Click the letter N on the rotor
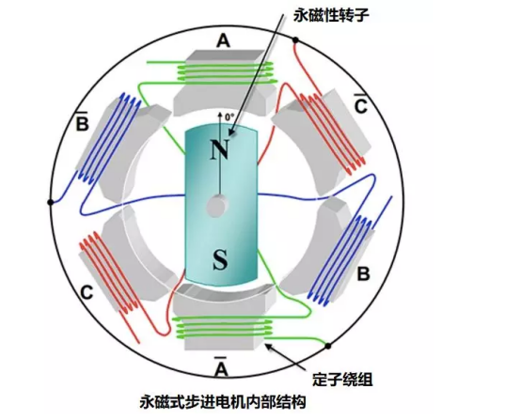tap(220, 149)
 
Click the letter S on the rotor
tap(220, 259)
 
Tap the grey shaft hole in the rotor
tap(217, 206)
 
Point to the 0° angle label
tap(229, 117)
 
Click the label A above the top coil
tap(224, 41)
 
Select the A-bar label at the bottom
tap(221, 366)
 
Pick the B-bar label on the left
tap(83, 121)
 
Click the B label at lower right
tap(363, 274)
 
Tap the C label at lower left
tap(87, 293)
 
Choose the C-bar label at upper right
tap(361, 104)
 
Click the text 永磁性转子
tap(331, 16)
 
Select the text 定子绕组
tap(342, 380)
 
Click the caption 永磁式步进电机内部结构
tap(223, 402)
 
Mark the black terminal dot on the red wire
tap(295, 40)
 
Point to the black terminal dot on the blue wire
tap(51, 202)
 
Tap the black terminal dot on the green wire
tap(328, 346)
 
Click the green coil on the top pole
tap(226, 72)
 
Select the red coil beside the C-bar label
tap(332, 132)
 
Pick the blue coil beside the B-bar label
tap(110, 138)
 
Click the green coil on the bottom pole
tap(224, 328)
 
